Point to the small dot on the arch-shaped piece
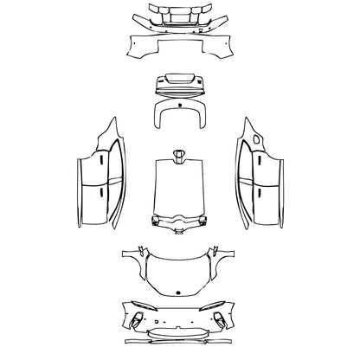pyautogui.click(x=179, y=109)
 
